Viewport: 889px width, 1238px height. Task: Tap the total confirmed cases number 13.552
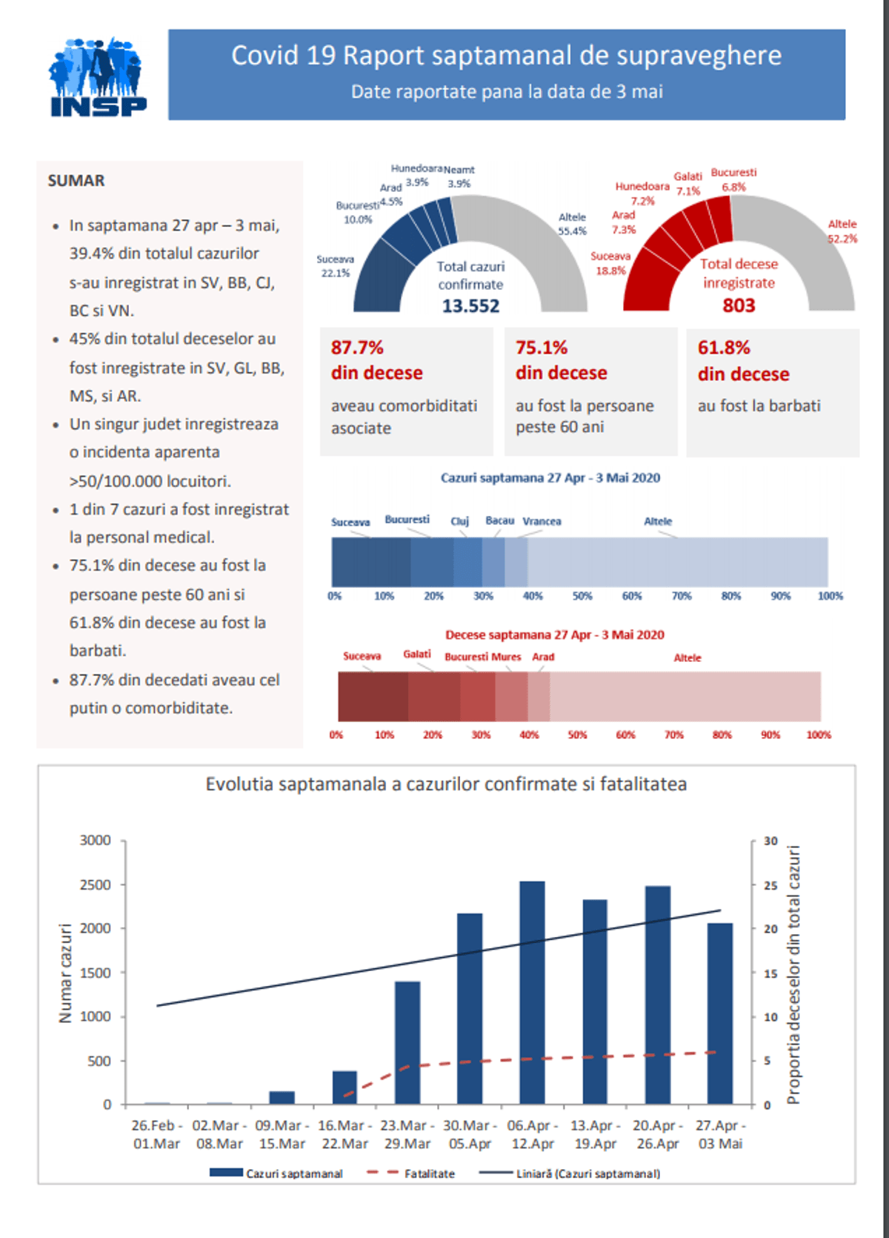pos(470,305)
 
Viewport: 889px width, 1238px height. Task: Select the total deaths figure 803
pos(739,305)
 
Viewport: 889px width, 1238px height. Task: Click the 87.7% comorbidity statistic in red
pos(357,348)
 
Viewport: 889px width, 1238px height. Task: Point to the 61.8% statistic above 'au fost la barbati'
pos(724,348)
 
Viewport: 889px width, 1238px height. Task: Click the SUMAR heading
pos(76,181)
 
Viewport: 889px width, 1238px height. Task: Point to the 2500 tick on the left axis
pos(96,884)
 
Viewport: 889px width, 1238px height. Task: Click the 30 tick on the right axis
pos(770,841)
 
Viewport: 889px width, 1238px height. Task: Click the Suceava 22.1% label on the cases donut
pos(336,266)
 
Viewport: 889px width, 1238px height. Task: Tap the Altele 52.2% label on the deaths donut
pos(842,231)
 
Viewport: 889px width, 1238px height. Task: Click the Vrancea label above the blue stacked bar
pos(542,521)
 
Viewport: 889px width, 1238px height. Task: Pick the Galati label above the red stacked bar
pos(416,654)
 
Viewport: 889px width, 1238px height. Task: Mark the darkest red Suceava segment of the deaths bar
pos(373,696)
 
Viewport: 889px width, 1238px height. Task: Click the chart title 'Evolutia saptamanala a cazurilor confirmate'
pos(446,784)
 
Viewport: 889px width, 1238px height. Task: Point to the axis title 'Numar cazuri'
pos(65,973)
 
